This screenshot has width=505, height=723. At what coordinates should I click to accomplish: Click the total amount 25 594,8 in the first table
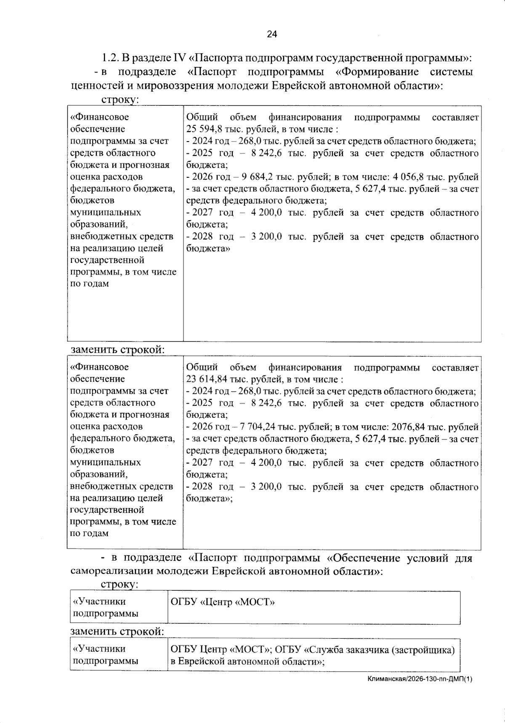click(204, 129)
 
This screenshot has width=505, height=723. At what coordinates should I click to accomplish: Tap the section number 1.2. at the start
click(110, 57)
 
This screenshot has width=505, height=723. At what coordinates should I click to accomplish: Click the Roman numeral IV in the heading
click(178, 57)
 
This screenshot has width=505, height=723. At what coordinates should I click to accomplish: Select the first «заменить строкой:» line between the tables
click(117, 350)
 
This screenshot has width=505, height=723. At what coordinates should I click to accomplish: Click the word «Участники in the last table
click(99, 649)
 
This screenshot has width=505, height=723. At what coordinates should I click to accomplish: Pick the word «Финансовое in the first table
click(100, 117)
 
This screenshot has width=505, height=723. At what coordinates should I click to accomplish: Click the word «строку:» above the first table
click(120, 100)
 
